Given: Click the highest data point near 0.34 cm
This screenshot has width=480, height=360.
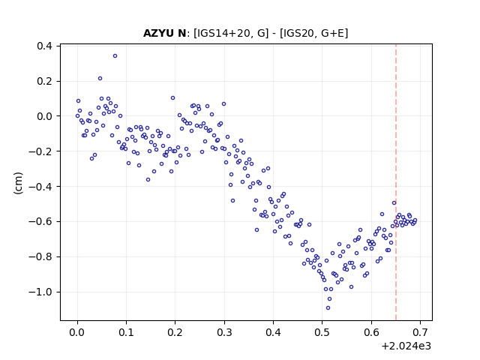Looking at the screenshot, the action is coord(115,56).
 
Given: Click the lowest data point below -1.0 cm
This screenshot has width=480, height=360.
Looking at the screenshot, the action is coord(328,308).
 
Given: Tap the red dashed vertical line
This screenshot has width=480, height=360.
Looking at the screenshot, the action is coord(396,182).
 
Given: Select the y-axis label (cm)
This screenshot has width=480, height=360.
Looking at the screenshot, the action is coord(18,183).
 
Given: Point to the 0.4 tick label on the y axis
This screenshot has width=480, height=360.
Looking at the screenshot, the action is coord(45,46).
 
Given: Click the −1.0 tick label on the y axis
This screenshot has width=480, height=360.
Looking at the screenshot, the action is coord(40,292).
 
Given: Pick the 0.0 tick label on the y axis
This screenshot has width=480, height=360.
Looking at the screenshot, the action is coord(45,116).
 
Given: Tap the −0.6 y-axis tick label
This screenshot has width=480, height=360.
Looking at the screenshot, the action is coord(40,222).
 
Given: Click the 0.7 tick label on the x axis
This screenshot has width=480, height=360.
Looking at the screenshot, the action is coord(420,332).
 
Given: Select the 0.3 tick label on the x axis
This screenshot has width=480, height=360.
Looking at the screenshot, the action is coord(224,332).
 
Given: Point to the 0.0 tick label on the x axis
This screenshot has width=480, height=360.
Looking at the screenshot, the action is coord(77,332).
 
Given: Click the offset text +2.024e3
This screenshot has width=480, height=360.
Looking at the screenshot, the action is coord(406,346).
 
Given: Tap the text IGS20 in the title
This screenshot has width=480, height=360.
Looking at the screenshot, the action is coord(297,33).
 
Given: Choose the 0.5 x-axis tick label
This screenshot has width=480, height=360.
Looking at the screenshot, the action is coord(322,332).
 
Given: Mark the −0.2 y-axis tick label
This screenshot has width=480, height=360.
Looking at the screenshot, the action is coord(40,151).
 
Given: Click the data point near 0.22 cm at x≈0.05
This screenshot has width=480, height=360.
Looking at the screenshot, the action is coord(100,78).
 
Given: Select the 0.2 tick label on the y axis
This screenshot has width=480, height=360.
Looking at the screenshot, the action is coord(45,82).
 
